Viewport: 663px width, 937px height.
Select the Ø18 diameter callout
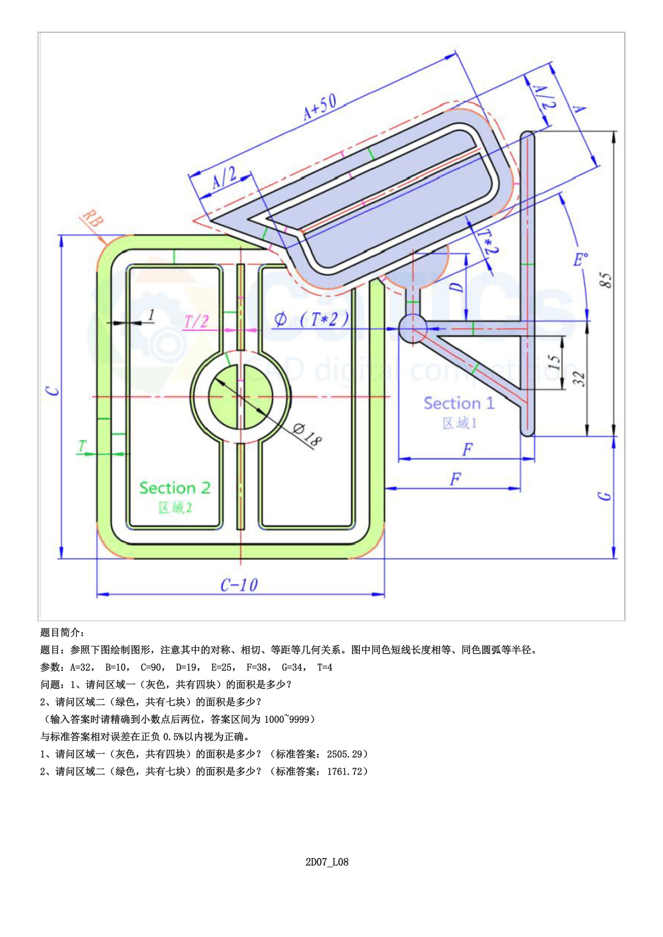click(x=307, y=434)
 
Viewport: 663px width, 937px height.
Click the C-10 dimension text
click(x=239, y=585)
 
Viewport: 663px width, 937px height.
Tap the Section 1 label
click(x=459, y=403)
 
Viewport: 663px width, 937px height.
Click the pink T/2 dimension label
click(x=196, y=322)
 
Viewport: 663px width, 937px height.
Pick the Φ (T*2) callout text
click(x=311, y=319)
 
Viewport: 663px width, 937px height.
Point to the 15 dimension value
click(x=554, y=361)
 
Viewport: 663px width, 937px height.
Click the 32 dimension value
click(x=580, y=379)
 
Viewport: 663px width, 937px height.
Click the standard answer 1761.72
click(x=344, y=771)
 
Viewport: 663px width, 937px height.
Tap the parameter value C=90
click(x=153, y=667)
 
